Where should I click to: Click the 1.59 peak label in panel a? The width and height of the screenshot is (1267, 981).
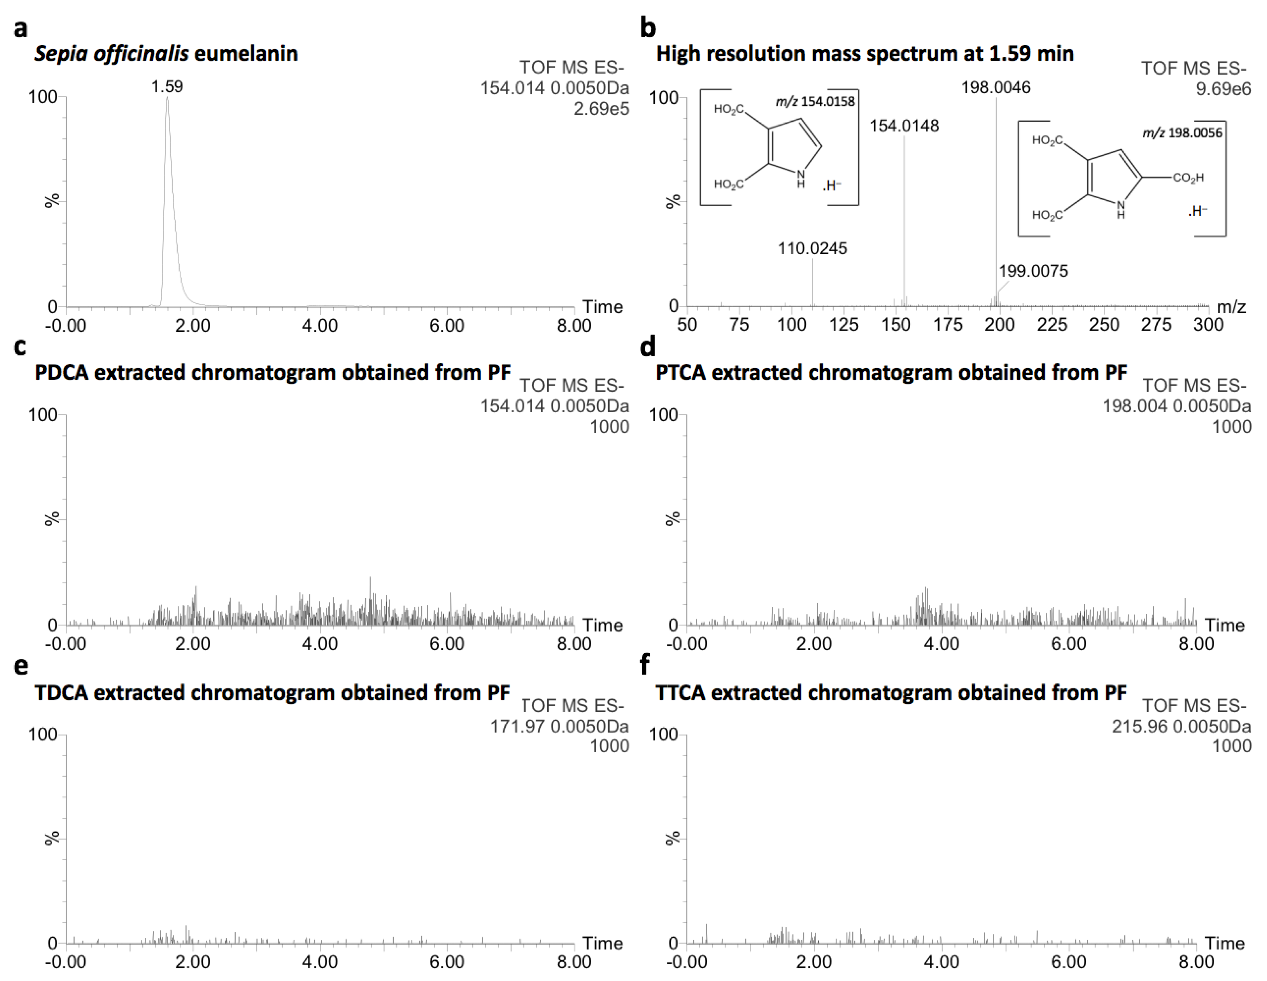[167, 87]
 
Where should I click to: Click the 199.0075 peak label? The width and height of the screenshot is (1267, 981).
[1033, 271]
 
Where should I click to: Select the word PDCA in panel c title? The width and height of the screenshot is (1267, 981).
[61, 372]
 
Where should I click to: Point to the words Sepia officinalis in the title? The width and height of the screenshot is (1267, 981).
[111, 53]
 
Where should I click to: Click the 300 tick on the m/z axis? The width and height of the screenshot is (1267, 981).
[1208, 325]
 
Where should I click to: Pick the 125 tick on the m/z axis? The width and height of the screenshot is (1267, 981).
[843, 325]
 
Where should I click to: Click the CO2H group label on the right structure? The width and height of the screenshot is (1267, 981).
[1188, 178]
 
